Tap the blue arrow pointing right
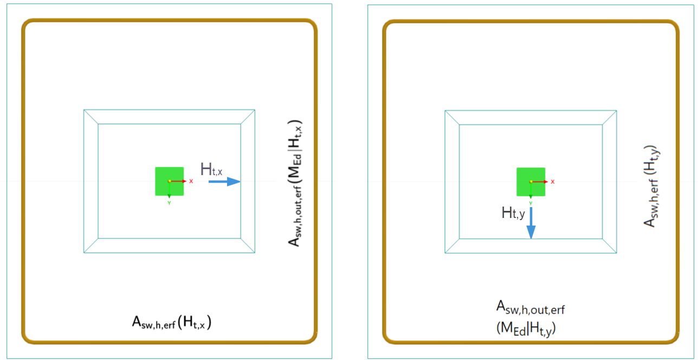pyautogui.click(x=224, y=182)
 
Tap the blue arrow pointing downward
pyautogui.click(x=531, y=222)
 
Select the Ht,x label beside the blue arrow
pyautogui.click(x=211, y=169)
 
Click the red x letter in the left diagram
pyautogui.click(x=191, y=181)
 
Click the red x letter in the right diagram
pyautogui.click(x=552, y=182)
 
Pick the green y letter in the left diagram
pyautogui.click(x=169, y=203)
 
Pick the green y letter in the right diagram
pyautogui.click(x=531, y=203)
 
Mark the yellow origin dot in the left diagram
pyautogui.click(x=169, y=181)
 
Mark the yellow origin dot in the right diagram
pyautogui.click(x=531, y=182)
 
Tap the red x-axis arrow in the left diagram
pyautogui.click(x=179, y=181)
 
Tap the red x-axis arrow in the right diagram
pyautogui.click(x=540, y=182)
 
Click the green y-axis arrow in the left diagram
pyautogui.click(x=169, y=191)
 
